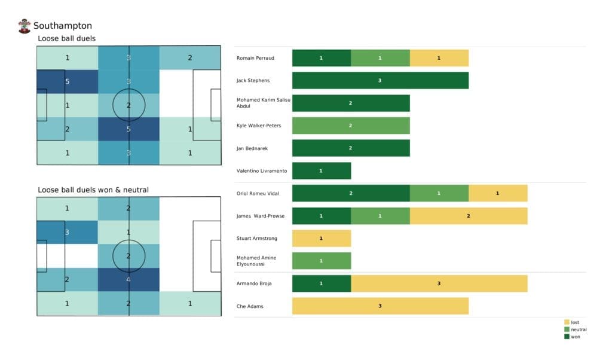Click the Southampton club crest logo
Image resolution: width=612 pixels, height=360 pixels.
25,26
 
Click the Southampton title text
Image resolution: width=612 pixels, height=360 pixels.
63,26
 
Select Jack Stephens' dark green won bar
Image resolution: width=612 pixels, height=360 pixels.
380,80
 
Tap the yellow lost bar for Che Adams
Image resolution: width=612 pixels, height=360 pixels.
380,306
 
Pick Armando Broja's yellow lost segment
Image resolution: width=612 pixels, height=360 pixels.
439,283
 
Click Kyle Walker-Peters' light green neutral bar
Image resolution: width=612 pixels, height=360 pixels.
351,126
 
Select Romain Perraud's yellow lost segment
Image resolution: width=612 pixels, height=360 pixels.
439,58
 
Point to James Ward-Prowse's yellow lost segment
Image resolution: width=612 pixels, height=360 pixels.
468,216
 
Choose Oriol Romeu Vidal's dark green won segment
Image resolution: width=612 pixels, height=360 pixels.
351,193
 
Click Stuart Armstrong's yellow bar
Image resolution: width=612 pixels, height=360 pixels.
321,239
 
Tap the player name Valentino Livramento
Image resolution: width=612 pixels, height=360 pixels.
262,171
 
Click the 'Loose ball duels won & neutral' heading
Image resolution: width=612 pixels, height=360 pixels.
93,190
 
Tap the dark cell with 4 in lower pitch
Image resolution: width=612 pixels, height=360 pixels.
129,279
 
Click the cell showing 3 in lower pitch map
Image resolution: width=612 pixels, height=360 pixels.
67,233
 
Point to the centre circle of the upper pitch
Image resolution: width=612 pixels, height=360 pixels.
129,105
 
